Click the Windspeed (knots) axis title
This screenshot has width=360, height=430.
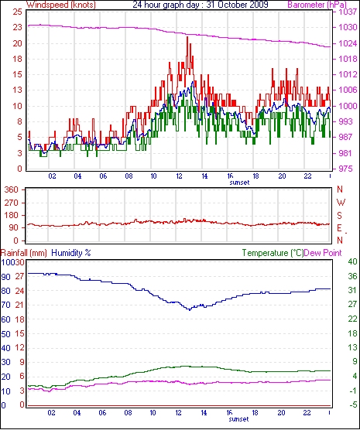tap(61, 5)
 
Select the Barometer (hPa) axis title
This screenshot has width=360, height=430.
tap(317, 5)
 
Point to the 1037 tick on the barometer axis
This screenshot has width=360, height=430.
tap(348, 12)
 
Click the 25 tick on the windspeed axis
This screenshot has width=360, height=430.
tap(17, 12)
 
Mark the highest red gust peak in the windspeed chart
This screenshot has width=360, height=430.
tap(187, 37)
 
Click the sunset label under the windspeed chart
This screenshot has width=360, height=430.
tap(239, 183)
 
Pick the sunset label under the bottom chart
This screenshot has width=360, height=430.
tap(238, 419)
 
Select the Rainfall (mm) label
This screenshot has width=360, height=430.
tap(24, 253)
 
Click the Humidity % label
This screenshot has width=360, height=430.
tap(71, 253)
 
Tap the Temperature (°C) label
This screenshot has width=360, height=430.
tap(273, 253)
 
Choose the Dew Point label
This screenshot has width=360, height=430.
tap(323, 253)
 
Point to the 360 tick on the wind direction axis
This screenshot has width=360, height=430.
tap(12, 189)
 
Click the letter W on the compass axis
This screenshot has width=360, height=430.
tap(341, 203)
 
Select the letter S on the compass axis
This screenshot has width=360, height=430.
tap(339, 216)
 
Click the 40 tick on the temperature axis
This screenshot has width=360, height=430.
tap(352, 261)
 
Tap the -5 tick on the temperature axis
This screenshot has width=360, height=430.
tap(352, 404)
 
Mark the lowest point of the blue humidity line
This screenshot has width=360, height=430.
tap(190, 309)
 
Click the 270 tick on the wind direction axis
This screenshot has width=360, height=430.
tap(12, 203)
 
